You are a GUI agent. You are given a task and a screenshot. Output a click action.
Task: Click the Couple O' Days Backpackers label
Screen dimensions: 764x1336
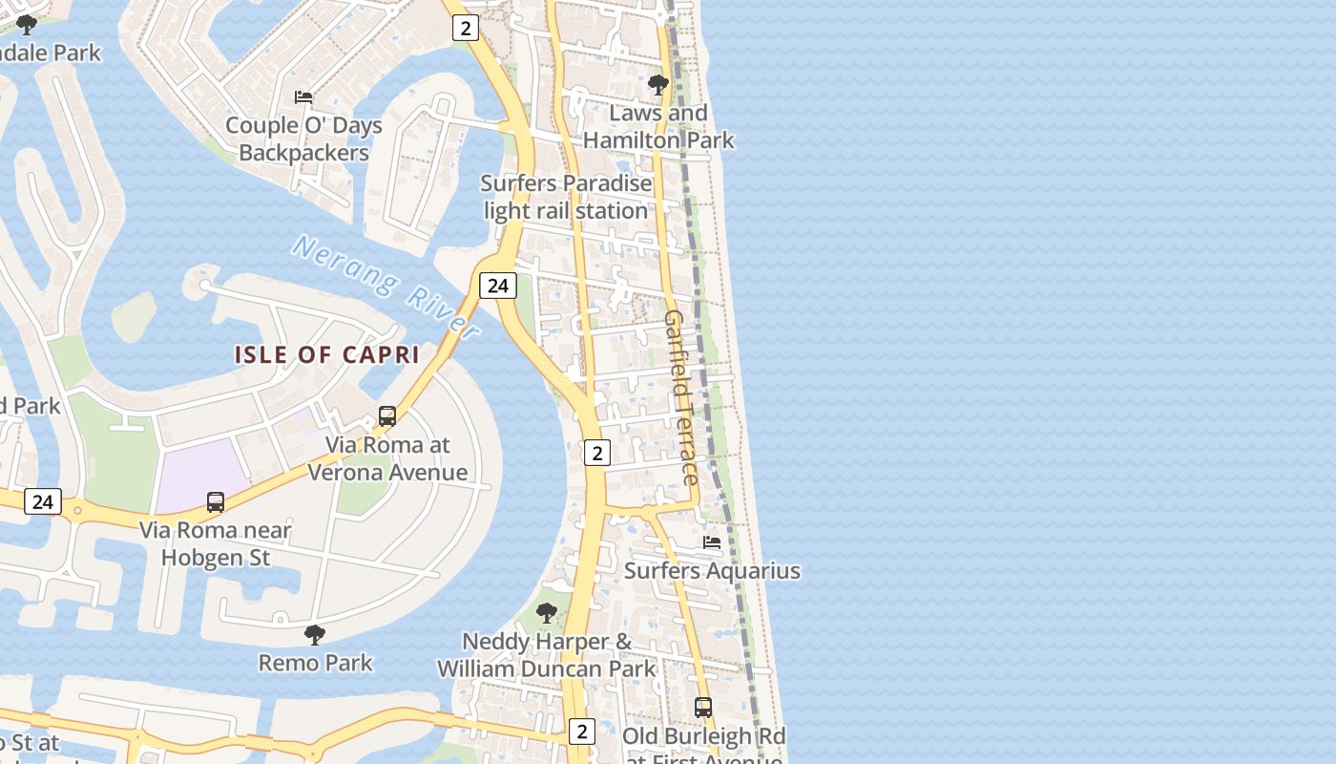click(x=303, y=139)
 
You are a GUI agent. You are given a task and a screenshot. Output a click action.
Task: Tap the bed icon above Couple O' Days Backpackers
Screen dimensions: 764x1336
click(x=303, y=97)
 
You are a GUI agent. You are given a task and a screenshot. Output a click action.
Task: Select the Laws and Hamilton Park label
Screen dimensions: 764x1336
click(x=658, y=126)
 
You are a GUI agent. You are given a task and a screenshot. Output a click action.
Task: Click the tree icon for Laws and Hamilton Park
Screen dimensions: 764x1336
click(x=658, y=85)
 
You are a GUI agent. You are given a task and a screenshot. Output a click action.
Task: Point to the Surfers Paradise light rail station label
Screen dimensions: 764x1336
click(x=566, y=197)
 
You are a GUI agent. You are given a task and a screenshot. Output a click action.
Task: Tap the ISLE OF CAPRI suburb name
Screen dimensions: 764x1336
click(x=327, y=354)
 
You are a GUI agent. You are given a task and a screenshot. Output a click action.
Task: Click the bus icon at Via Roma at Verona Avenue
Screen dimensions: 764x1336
click(x=386, y=416)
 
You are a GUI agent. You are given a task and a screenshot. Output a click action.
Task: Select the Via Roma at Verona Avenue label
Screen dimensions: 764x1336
click(x=387, y=458)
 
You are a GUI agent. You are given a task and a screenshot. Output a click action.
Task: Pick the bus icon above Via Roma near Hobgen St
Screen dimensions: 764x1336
click(x=216, y=501)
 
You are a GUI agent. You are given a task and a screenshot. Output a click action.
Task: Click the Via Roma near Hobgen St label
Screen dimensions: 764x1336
click(x=216, y=543)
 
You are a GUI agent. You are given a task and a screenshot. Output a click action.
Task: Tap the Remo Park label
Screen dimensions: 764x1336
click(x=316, y=662)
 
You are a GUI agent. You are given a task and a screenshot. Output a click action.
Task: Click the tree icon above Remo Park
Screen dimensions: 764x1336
click(x=315, y=634)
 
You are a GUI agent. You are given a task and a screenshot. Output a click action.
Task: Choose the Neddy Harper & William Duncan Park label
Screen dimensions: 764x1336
click(x=547, y=655)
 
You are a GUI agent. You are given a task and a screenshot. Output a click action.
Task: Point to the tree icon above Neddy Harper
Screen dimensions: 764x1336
click(x=546, y=612)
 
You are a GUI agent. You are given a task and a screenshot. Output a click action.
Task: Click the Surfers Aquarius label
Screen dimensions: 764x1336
click(x=712, y=571)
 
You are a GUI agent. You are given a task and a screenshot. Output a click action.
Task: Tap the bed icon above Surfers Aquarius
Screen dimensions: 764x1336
click(x=712, y=542)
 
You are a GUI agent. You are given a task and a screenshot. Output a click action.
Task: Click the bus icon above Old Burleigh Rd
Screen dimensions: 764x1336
click(x=703, y=708)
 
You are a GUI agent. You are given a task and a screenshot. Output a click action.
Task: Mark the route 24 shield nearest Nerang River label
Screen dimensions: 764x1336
click(x=497, y=285)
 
